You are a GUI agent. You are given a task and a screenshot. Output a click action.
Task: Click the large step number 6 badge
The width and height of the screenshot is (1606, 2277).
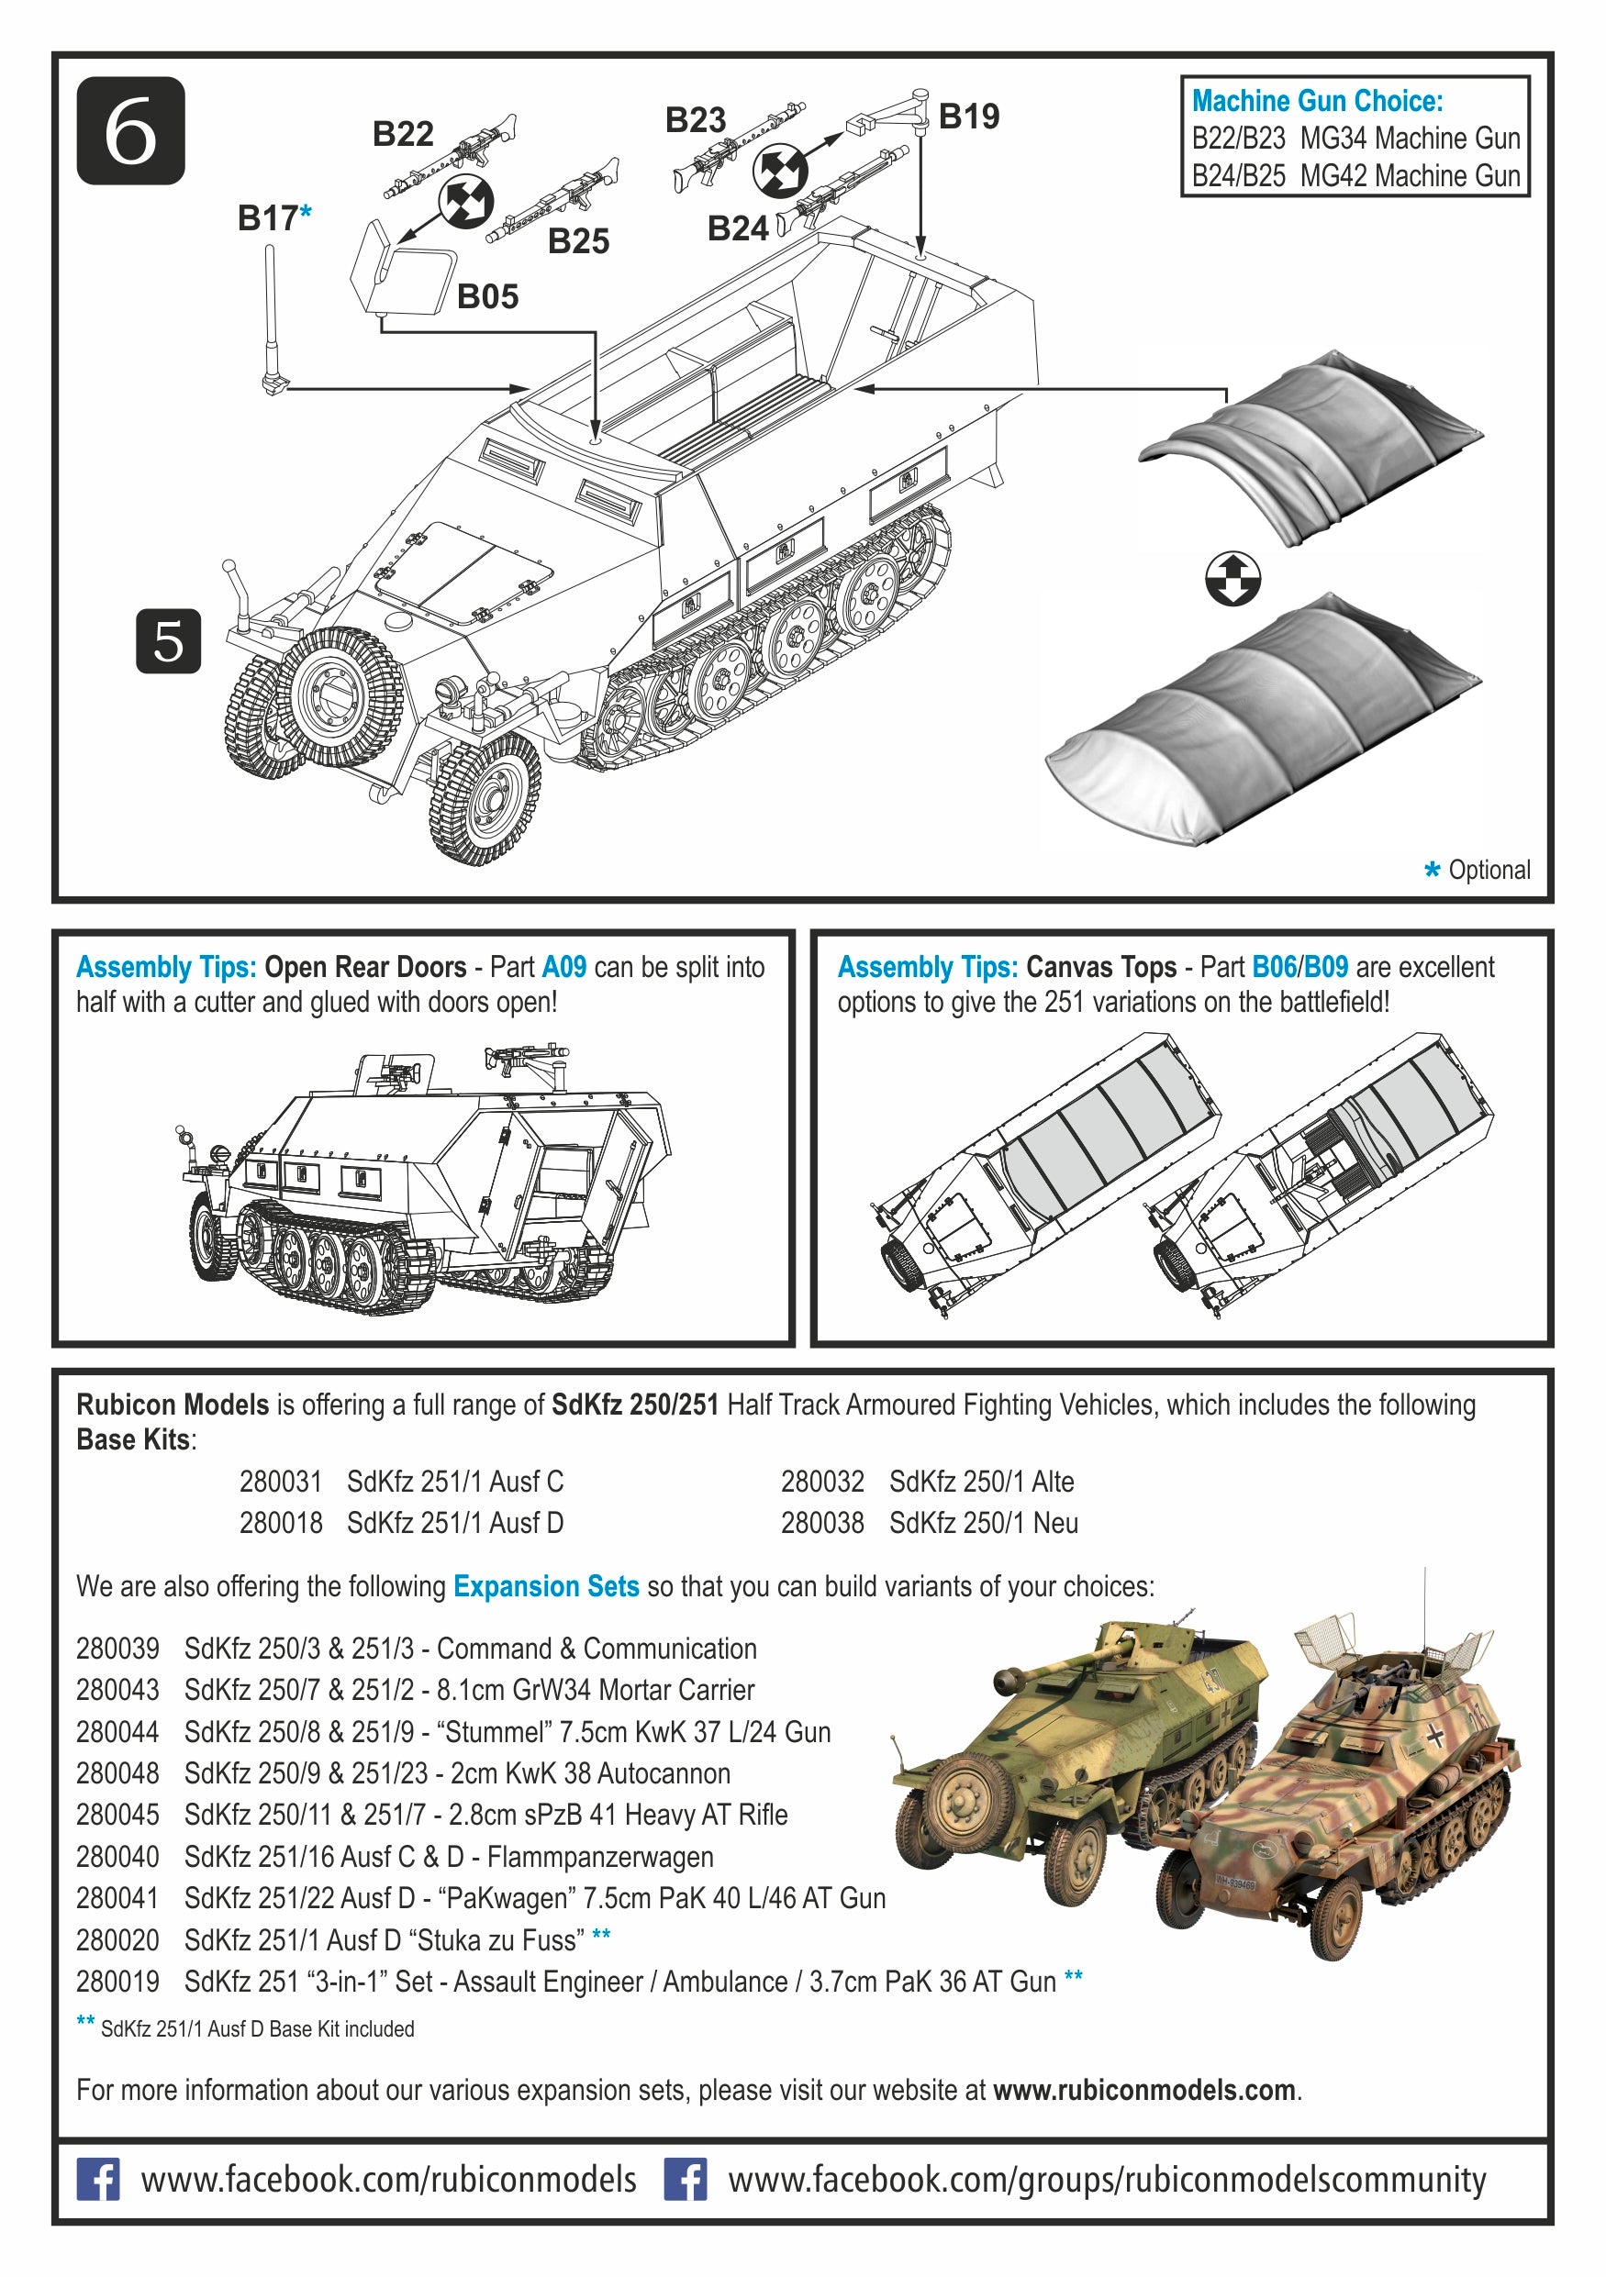[131, 131]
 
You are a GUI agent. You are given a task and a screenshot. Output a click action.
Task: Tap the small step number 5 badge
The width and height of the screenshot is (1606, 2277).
[168, 641]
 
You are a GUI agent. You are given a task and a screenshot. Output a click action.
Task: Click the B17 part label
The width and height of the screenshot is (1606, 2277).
[268, 218]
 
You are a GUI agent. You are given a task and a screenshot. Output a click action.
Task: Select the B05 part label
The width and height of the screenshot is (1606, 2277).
[487, 296]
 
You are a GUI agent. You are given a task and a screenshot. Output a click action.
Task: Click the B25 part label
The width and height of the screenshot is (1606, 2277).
[578, 241]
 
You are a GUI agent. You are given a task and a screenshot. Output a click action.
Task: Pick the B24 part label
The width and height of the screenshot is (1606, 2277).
[737, 229]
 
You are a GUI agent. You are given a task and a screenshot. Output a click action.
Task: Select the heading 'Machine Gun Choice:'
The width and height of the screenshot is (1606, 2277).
[1316, 101]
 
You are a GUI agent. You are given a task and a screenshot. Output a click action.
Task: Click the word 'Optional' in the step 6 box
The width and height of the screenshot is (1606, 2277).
[1488, 870]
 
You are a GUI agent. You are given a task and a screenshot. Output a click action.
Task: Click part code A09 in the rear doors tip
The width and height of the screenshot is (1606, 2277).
[563, 967]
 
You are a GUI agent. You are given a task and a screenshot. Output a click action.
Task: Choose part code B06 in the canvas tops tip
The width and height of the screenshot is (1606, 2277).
[1273, 967]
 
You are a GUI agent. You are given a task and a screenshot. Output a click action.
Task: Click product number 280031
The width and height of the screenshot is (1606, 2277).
[281, 1482]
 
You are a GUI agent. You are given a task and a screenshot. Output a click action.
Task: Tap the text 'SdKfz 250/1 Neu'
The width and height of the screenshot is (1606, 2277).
[982, 1522]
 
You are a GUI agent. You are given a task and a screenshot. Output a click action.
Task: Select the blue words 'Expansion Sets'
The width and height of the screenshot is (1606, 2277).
[546, 1587]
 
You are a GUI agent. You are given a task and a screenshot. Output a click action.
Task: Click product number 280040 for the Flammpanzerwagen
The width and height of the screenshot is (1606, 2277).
[117, 1857]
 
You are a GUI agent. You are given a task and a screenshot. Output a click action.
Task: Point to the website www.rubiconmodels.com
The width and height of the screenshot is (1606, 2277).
[1143, 2091]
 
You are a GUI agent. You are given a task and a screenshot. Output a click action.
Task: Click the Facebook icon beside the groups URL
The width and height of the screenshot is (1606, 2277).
[686, 2180]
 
